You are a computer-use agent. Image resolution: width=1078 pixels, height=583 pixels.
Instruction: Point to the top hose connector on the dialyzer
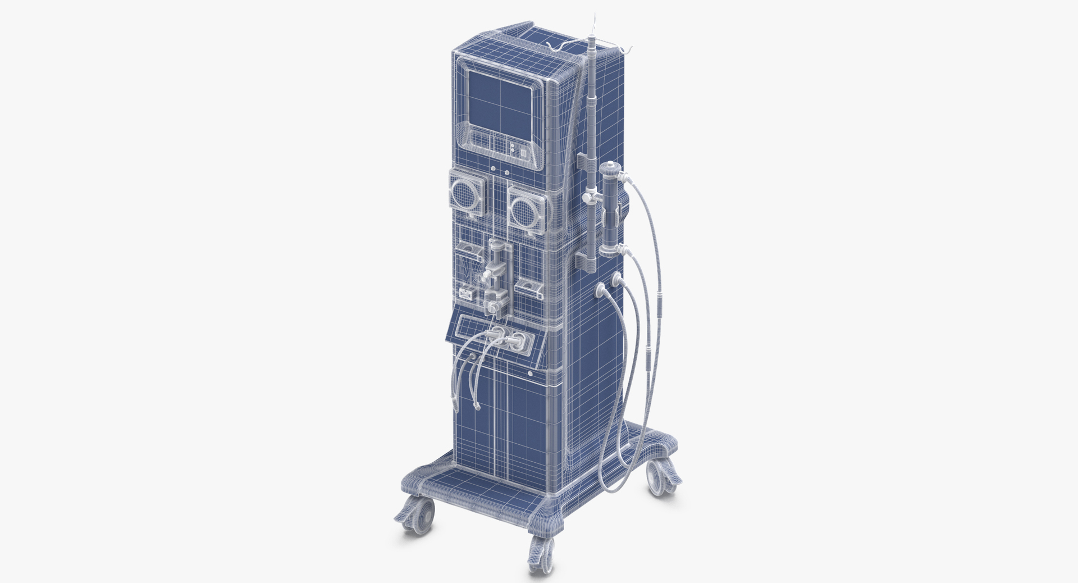coord(625,179)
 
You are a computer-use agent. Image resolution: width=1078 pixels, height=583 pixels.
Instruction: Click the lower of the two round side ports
coord(600,289)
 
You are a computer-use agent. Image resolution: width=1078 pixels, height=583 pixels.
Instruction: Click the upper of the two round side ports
coord(617,277)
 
